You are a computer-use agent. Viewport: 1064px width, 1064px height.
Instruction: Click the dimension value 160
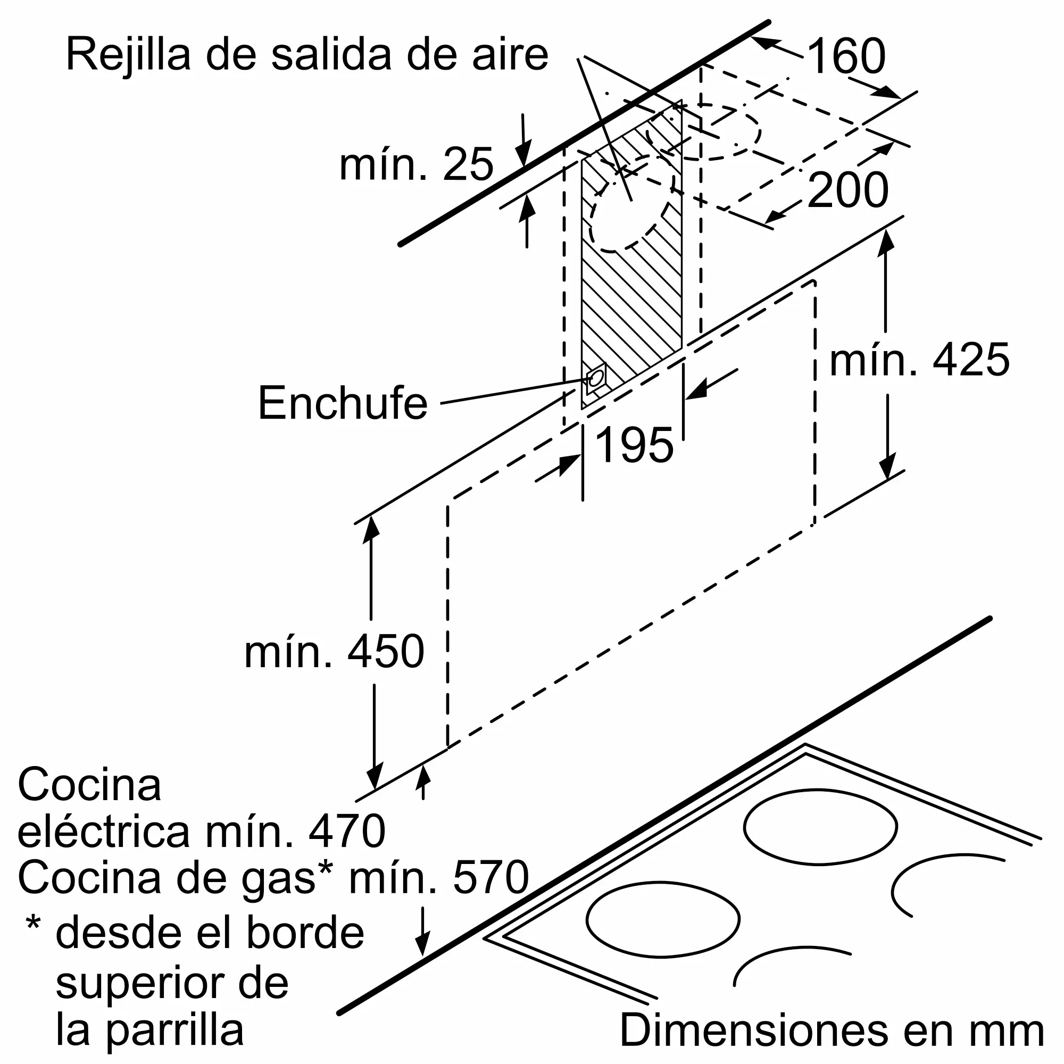coord(846,56)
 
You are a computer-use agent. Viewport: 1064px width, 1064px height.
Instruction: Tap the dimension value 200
coord(848,190)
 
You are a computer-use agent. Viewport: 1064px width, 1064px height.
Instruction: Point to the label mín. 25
coord(417,164)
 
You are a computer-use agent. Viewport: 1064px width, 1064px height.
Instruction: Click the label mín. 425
coord(920,360)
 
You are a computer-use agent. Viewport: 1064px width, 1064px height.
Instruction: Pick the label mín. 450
coord(334,652)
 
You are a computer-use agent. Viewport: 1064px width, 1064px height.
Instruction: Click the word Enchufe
coord(343,403)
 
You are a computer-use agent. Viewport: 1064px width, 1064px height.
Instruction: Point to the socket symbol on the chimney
coord(595,378)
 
